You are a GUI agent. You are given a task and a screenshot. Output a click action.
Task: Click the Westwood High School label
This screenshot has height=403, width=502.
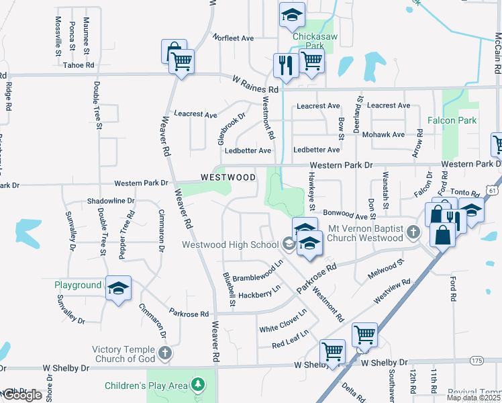click(x=230, y=244)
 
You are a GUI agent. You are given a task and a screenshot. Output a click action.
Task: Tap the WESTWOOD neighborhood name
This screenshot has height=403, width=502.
click(x=228, y=177)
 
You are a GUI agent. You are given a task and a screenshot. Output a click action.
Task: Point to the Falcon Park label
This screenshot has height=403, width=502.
click(x=452, y=121)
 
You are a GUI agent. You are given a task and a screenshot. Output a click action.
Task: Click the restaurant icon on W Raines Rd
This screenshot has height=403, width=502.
click(x=285, y=65)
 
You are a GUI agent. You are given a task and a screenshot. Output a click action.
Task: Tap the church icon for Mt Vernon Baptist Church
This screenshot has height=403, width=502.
click(x=414, y=232)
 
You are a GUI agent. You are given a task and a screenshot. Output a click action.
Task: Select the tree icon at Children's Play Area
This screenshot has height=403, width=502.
click(x=197, y=385)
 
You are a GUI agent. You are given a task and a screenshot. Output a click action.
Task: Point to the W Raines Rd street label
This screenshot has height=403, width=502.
click(x=255, y=89)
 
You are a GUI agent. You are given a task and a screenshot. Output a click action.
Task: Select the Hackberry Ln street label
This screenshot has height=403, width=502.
click(x=258, y=294)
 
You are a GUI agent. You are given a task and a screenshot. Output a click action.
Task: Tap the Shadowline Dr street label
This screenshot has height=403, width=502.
click(x=111, y=201)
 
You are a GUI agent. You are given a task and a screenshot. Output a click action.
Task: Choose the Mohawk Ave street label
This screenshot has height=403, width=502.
click(x=383, y=134)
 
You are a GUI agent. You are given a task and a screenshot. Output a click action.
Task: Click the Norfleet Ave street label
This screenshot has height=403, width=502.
click(x=233, y=38)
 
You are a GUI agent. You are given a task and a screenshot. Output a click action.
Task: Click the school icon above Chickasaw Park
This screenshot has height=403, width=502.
click(x=292, y=14)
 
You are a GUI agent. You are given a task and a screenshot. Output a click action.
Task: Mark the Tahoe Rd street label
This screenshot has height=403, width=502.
click(x=78, y=65)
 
